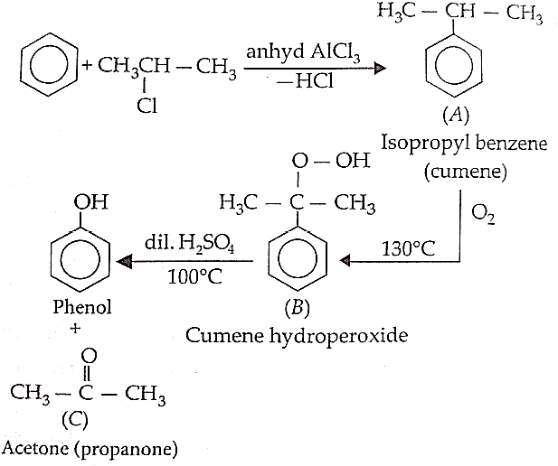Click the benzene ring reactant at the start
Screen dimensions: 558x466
(x=22, y=65)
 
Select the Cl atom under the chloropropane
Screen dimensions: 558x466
(x=147, y=106)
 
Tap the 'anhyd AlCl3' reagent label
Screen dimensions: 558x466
(x=303, y=52)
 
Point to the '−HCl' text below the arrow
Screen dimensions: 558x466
(x=305, y=82)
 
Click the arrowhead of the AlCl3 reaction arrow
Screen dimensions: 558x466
(x=381, y=68)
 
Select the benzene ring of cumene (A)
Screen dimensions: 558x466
(x=428, y=65)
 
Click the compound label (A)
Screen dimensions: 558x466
(x=456, y=116)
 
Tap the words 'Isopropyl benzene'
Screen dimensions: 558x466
(x=464, y=144)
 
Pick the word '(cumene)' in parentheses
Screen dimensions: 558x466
(x=465, y=172)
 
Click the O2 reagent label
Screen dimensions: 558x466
(x=483, y=214)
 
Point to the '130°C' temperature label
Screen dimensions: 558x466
(x=408, y=248)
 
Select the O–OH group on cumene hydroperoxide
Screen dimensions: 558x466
(x=331, y=161)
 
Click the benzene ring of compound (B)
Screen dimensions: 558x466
(x=270, y=258)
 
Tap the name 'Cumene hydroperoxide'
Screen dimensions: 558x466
(x=297, y=335)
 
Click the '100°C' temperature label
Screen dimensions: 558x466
(x=194, y=276)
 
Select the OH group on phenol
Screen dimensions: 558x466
(x=90, y=202)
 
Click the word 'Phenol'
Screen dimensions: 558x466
(x=82, y=307)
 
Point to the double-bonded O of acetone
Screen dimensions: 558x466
(x=89, y=356)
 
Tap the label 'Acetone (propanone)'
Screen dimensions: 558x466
(x=90, y=449)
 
